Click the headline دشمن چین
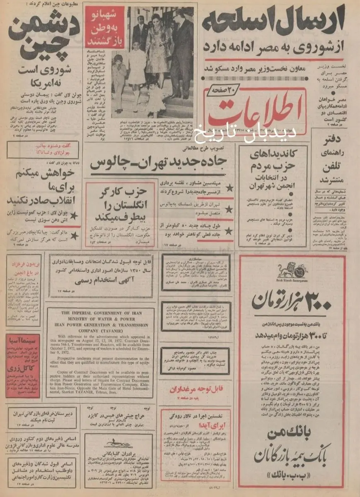click(x=41, y=37)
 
